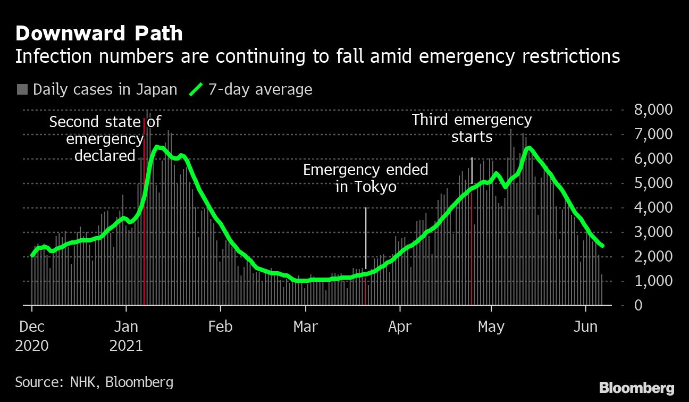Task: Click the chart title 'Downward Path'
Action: click(x=99, y=34)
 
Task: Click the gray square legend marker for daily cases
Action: click(x=22, y=89)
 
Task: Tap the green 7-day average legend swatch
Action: click(x=196, y=89)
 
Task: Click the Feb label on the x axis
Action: click(x=220, y=326)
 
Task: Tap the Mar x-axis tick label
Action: click(x=306, y=326)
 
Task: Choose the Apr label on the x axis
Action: click(x=399, y=326)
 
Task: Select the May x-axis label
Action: click(x=491, y=326)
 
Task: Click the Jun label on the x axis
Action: click(x=585, y=326)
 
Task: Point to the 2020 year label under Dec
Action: click(x=32, y=346)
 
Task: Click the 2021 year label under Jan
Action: click(x=126, y=346)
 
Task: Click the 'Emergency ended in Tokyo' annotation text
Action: click(x=366, y=179)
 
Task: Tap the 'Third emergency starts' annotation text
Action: click(x=472, y=128)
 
